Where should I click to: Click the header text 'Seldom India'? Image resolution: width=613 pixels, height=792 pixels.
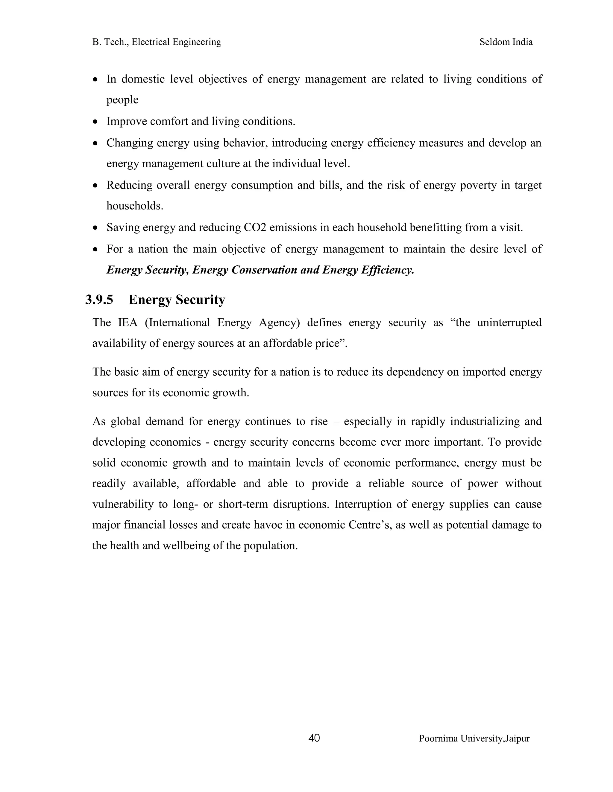tap(506, 42)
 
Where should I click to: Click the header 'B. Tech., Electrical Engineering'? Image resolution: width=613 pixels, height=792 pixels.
tap(157, 42)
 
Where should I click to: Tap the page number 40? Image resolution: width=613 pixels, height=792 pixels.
tap(314, 738)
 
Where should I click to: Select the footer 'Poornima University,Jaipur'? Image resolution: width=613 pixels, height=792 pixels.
tap(474, 738)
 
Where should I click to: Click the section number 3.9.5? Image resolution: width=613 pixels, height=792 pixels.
tap(99, 300)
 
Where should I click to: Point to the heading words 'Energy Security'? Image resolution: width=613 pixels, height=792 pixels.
tap(177, 300)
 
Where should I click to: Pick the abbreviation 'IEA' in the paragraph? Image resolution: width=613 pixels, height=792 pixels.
tap(128, 323)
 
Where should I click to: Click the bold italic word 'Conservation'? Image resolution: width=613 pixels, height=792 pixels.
tap(264, 270)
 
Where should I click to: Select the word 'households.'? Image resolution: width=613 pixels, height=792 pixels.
tap(135, 206)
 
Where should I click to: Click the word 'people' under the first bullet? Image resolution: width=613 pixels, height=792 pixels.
tap(122, 100)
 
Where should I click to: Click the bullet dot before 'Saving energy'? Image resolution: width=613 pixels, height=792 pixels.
tap(95, 228)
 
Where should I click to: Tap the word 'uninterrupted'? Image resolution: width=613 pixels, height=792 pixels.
tap(509, 323)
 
